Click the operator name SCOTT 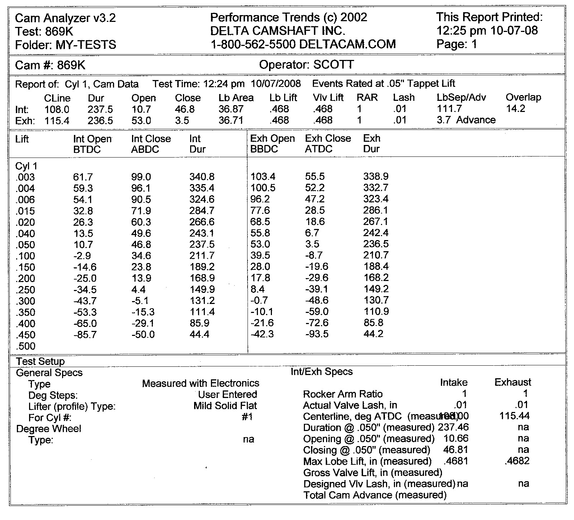click(x=334, y=65)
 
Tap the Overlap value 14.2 click(x=516, y=109)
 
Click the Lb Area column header click(x=236, y=98)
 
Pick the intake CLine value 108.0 click(x=57, y=109)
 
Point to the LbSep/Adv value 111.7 click(x=449, y=109)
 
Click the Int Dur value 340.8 click(x=202, y=177)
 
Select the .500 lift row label click(x=25, y=346)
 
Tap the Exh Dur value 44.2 click(x=373, y=334)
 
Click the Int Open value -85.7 click(x=85, y=335)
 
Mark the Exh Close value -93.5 click(x=317, y=334)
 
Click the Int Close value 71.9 click(x=141, y=211)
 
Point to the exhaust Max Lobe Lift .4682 click(x=517, y=461)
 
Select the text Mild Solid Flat click(x=225, y=406)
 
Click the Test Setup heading click(x=41, y=361)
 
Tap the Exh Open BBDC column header click(x=272, y=144)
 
